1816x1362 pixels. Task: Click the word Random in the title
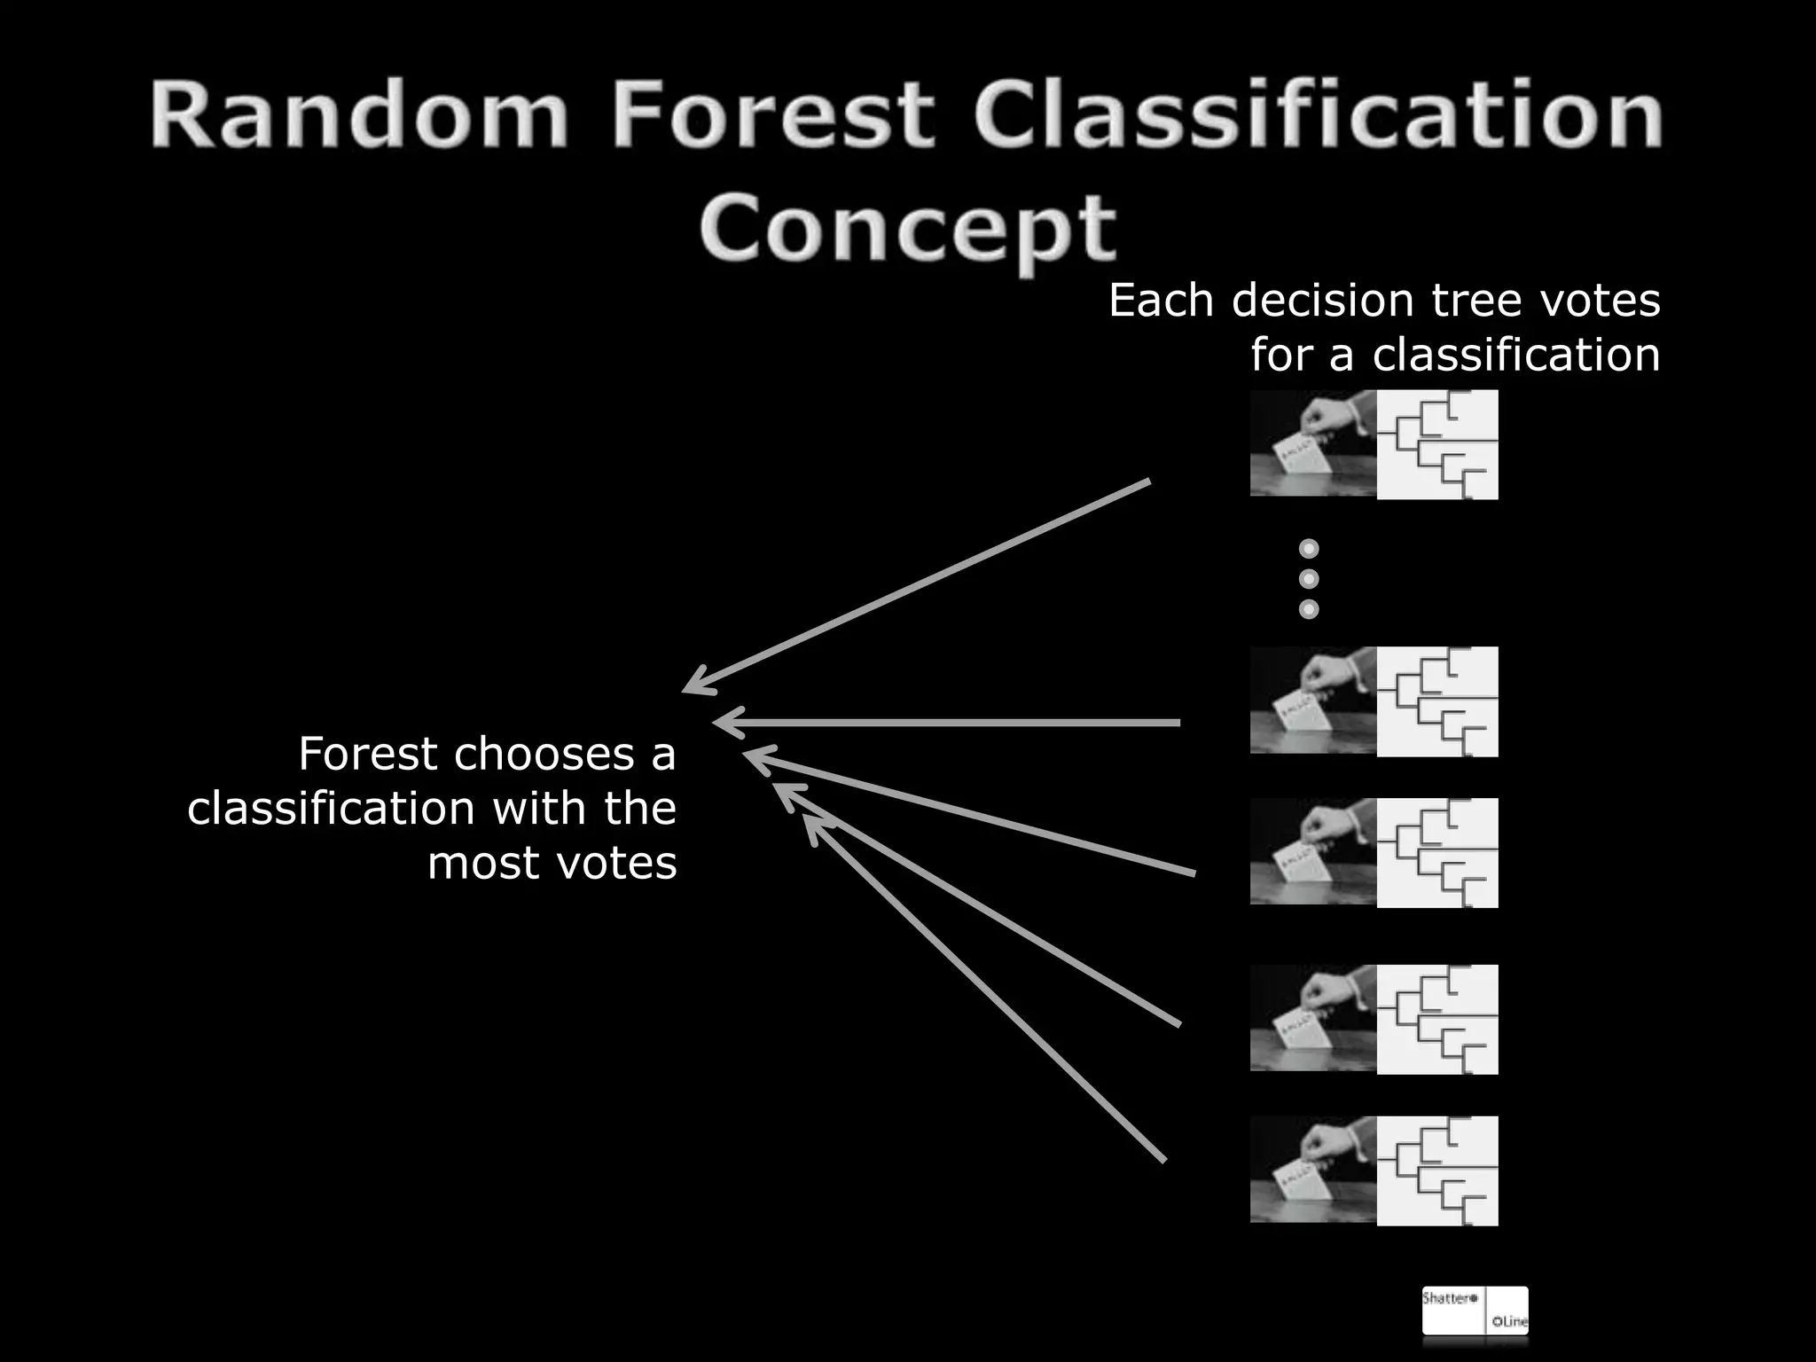point(359,115)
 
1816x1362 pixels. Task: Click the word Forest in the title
point(771,115)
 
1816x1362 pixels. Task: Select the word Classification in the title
point(1318,115)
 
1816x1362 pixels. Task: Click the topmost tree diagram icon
point(1436,444)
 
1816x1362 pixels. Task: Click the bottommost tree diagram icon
point(1436,1170)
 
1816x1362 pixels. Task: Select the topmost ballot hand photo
point(1313,442)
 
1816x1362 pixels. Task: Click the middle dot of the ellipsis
point(1308,579)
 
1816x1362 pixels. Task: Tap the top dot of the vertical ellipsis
point(1308,549)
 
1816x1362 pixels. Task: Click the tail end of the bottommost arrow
point(1162,1159)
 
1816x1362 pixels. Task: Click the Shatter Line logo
point(1475,1310)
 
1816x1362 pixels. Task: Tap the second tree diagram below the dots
point(1436,852)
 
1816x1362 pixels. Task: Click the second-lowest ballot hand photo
point(1313,1018)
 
